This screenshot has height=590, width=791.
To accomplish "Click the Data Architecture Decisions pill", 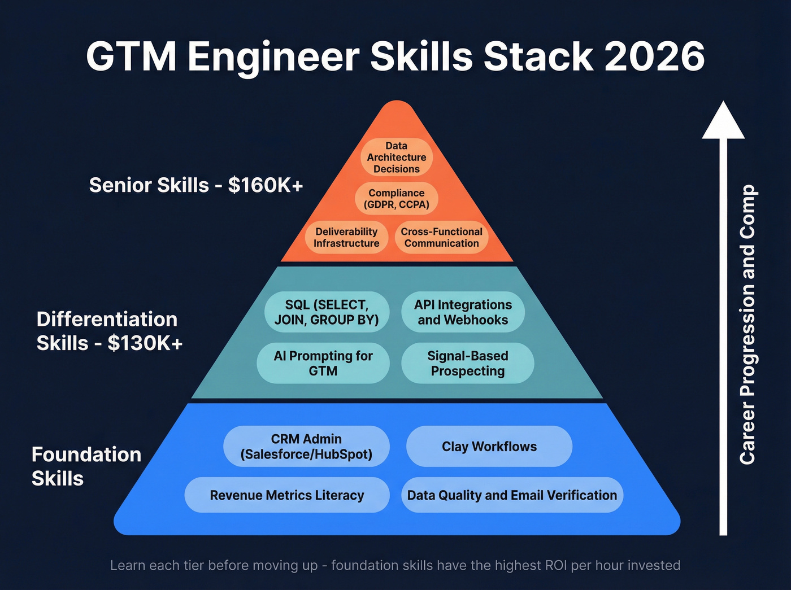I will click(x=397, y=158).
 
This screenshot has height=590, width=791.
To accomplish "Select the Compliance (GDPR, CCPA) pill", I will click(x=397, y=199).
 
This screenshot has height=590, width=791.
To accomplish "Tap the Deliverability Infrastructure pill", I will click(x=346, y=237).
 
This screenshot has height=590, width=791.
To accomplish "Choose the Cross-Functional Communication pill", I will click(x=441, y=237).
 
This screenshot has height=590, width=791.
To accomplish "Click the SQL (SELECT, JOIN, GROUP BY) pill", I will click(x=327, y=312).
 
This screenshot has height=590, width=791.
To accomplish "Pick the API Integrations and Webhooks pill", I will click(x=463, y=312).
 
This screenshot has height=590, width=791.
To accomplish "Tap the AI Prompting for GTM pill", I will click(x=323, y=364).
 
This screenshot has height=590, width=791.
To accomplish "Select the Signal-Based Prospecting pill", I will click(x=467, y=364).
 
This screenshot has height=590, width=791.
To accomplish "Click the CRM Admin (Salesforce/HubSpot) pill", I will click(x=306, y=447).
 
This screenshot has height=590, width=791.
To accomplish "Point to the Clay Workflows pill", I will click(x=489, y=447).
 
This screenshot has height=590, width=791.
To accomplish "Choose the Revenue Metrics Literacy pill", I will click(x=287, y=495).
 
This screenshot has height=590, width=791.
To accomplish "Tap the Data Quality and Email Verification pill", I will click(x=512, y=495).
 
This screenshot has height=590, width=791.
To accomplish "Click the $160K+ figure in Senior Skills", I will click(x=266, y=185).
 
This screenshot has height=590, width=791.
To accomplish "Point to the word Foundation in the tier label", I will click(x=86, y=454).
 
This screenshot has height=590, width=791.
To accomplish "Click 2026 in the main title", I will click(x=654, y=56).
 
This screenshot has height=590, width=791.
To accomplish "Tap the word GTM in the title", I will click(x=131, y=56).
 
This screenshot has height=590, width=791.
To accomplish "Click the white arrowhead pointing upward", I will click(x=723, y=121).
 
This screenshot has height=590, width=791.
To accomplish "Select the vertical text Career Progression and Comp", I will click(x=747, y=325).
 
